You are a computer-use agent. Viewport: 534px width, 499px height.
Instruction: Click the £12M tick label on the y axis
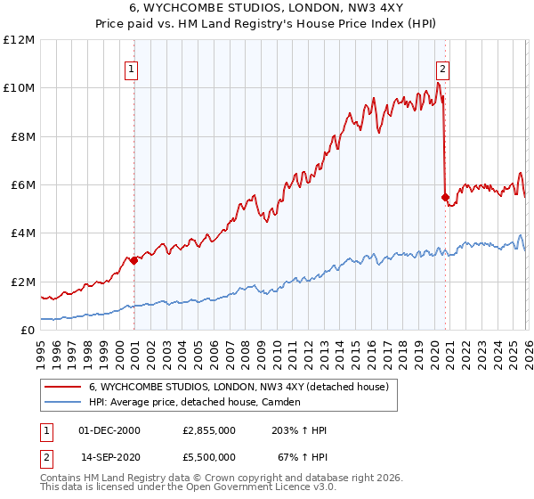tap(18, 40)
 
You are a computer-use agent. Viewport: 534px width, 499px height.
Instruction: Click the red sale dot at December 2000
tap(133, 261)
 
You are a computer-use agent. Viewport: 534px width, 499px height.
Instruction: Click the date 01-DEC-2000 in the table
tap(111, 430)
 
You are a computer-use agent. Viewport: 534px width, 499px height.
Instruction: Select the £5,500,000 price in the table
tap(209, 456)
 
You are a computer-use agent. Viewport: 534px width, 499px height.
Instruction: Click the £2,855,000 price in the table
tap(209, 430)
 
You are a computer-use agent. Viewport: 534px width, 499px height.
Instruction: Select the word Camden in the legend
tap(281, 403)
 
